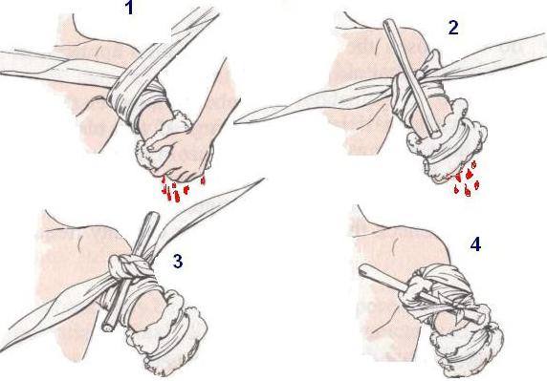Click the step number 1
(x=129, y=8)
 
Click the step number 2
(x=453, y=28)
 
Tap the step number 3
(x=178, y=261)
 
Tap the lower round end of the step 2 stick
(x=436, y=133)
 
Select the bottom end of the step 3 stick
(x=108, y=327)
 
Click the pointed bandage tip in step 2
(x=235, y=121)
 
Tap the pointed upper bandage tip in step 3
(x=262, y=180)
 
